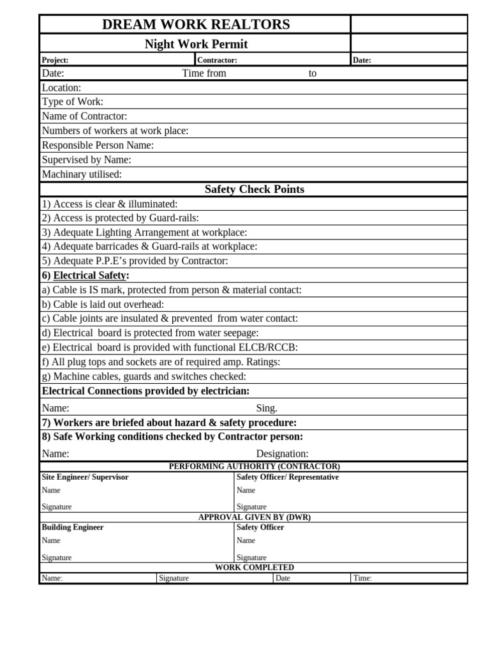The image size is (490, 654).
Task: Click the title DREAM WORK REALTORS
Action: click(196, 24)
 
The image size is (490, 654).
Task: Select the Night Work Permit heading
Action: click(196, 44)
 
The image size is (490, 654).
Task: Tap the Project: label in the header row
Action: click(55, 60)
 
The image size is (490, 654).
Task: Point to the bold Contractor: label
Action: click(217, 60)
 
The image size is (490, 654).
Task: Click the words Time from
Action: click(204, 73)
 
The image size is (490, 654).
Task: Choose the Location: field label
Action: click(61, 87)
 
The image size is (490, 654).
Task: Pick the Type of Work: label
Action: click(72, 102)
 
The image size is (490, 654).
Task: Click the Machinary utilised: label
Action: click(82, 174)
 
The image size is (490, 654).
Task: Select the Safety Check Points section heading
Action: click(254, 189)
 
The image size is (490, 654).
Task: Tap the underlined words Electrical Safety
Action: click(89, 275)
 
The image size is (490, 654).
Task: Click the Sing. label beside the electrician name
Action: click(267, 408)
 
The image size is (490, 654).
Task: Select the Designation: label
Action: click(282, 453)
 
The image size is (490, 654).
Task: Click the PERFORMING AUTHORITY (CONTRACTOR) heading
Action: click(254, 466)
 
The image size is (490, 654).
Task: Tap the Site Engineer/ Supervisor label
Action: click(85, 477)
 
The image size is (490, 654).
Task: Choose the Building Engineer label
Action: click(73, 528)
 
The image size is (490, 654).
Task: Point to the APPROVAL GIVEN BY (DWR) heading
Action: click(254, 517)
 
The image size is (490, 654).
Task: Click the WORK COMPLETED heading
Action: click(254, 567)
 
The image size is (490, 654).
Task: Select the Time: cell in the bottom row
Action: click(362, 578)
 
